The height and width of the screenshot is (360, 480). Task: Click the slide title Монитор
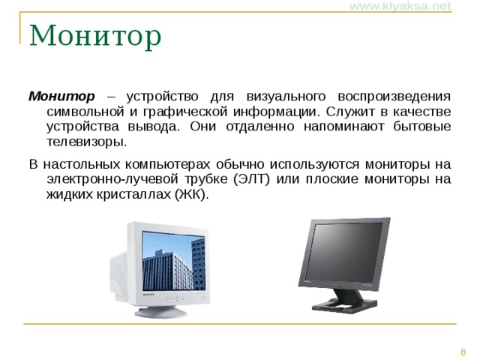tap(95, 35)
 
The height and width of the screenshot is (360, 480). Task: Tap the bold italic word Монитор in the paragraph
tap(61, 97)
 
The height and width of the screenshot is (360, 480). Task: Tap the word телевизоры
tap(86, 142)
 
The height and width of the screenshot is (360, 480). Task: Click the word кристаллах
tap(134, 194)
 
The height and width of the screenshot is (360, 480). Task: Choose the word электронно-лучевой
tap(107, 179)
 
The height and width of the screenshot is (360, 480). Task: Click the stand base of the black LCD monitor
tap(344, 304)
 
